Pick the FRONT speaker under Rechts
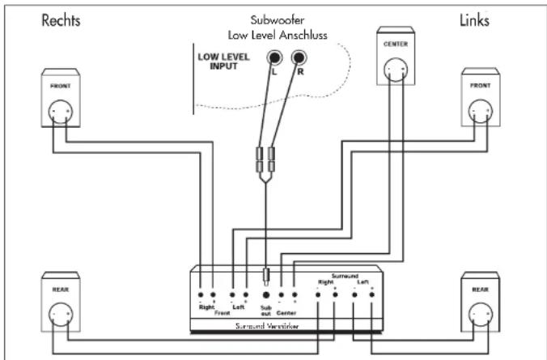[62, 99]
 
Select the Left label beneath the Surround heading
[363, 282]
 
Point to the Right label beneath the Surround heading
[324, 282]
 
